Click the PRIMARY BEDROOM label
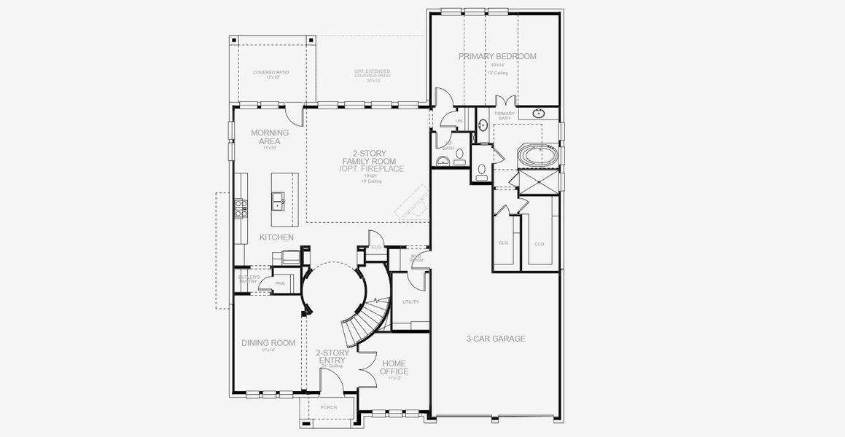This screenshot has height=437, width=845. [497, 56]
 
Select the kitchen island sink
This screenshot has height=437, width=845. [278, 201]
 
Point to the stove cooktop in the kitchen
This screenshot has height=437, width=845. [238, 208]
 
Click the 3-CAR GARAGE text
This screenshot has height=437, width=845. [496, 339]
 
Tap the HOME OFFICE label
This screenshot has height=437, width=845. [394, 368]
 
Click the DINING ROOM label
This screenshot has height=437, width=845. [268, 343]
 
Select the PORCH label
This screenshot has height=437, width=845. [329, 407]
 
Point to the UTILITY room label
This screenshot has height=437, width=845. [410, 302]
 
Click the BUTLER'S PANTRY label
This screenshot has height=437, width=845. [249, 280]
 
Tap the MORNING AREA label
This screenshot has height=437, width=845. [270, 137]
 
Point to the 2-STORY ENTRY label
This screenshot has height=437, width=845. [332, 357]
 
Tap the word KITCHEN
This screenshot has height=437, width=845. [276, 237]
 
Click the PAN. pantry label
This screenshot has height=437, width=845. [280, 283]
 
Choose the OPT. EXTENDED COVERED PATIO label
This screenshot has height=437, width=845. [373, 75]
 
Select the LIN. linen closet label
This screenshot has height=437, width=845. [459, 121]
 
